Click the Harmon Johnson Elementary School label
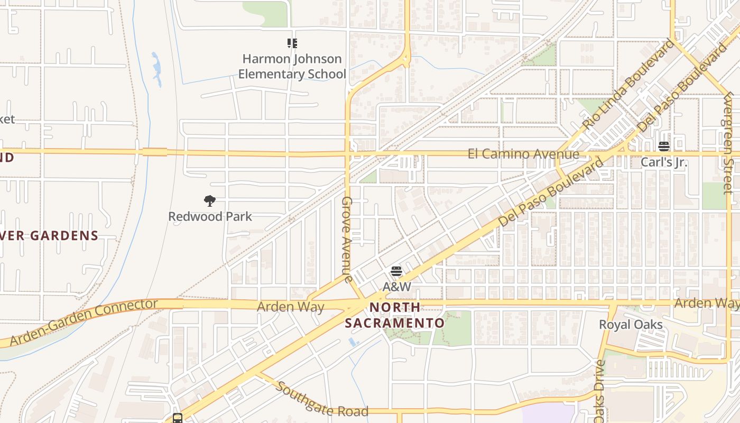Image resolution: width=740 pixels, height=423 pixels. pyautogui.click(x=292, y=66)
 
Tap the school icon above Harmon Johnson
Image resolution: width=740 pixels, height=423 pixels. pyautogui.click(x=292, y=43)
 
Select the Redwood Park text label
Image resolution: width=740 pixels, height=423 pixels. pyautogui.click(x=210, y=216)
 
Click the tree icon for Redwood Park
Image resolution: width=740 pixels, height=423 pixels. pyautogui.click(x=210, y=201)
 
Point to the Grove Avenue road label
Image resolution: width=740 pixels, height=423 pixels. pyautogui.click(x=347, y=240)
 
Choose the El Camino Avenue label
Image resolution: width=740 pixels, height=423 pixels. pyautogui.click(x=523, y=154)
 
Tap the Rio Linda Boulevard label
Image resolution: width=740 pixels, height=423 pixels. pyautogui.click(x=629, y=85)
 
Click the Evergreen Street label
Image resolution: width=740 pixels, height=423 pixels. pyautogui.click(x=728, y=143)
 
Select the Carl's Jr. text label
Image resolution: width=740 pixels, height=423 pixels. pyautogui.click(x=664, y=162)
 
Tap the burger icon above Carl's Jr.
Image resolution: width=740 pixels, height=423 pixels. pyautogui.click(x=664, y=146)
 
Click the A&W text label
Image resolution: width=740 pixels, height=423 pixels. pyautogui.click(x=396, y=287)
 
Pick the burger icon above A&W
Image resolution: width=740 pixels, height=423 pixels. pyautogui.click(x=396, y=272)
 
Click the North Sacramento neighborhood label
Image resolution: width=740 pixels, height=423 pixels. pyautogui.click(x=395, y=315)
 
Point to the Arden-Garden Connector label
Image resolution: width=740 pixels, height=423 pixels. pyautogui.click(x=84, y=322)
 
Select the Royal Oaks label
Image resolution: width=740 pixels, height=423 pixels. pyautogui.click(x=631, y=324)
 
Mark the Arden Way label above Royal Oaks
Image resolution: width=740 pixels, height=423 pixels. pyautogui.click(x=707, y=303)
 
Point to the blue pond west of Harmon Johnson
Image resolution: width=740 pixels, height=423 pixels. pyautogui.click(x=156, y=69)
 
